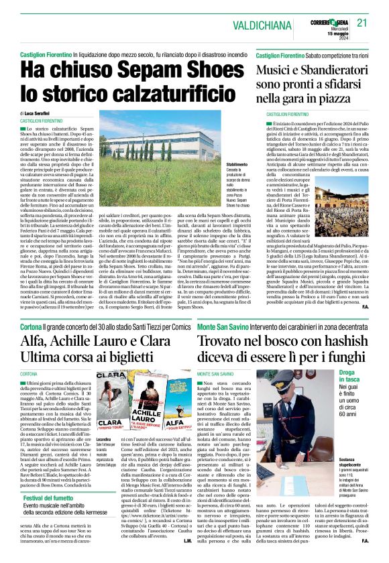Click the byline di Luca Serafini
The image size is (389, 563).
[x=42, y=115]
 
